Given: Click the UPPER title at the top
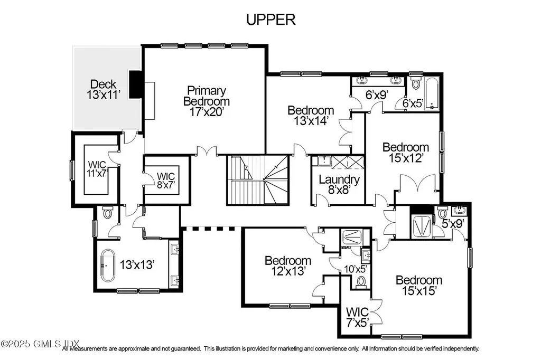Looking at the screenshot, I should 270,20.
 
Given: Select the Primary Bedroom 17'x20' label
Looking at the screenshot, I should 206,101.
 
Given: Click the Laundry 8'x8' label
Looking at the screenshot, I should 339,184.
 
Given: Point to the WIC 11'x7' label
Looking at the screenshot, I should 97,168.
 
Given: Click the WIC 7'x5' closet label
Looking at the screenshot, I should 357,316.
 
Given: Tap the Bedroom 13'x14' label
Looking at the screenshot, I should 311,115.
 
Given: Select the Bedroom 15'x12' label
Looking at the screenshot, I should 405,152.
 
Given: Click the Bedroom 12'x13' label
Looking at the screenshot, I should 288,266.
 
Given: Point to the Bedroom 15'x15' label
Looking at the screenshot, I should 419,285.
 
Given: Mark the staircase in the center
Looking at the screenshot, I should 258,179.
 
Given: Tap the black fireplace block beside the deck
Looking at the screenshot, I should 136,84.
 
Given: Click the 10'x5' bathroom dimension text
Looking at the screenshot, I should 355,269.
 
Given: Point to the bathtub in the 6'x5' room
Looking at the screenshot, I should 432,93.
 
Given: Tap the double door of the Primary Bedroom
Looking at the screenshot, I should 206,152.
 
